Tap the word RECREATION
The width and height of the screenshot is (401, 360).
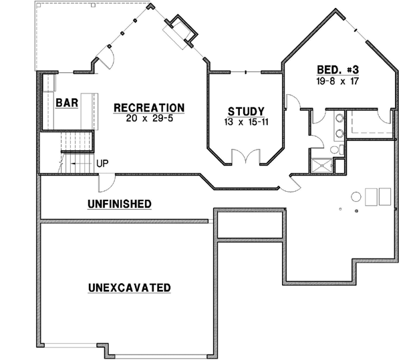148,108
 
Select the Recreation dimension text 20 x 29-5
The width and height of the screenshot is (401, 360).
148,118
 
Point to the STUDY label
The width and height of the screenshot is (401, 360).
246,112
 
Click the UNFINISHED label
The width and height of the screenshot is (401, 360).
119,203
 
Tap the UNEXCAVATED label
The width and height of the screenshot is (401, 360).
129,288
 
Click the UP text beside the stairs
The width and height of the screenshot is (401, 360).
103,162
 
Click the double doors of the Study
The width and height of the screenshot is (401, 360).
245,157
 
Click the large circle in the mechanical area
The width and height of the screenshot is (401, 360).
356,198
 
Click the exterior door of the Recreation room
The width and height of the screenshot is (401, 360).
108,59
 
